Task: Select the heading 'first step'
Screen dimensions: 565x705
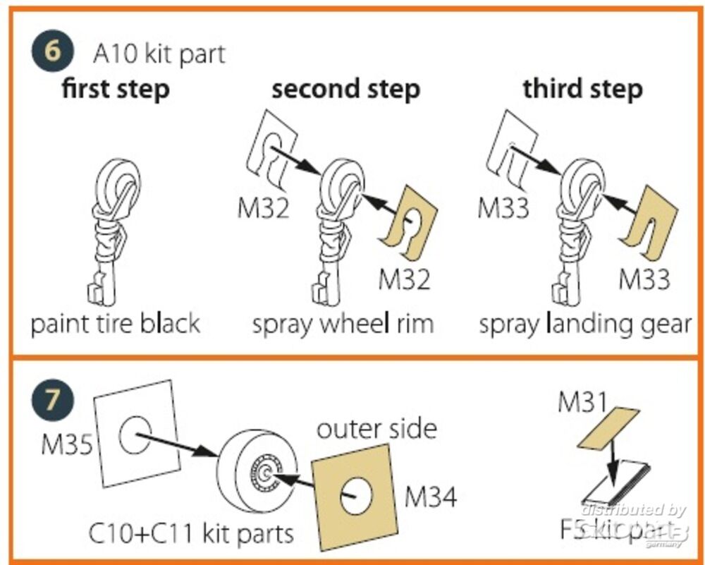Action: (116, 90)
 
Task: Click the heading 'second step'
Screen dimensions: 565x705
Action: (345, 90)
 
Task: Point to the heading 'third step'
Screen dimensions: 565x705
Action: (582, 90)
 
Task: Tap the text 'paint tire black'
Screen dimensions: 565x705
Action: (116, 324)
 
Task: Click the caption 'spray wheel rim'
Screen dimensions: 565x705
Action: (343, 324)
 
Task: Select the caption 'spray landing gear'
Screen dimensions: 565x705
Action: (584, 324)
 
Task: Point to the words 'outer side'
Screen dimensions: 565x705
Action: (376, 429)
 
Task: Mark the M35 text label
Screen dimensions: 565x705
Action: (68, 445)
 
